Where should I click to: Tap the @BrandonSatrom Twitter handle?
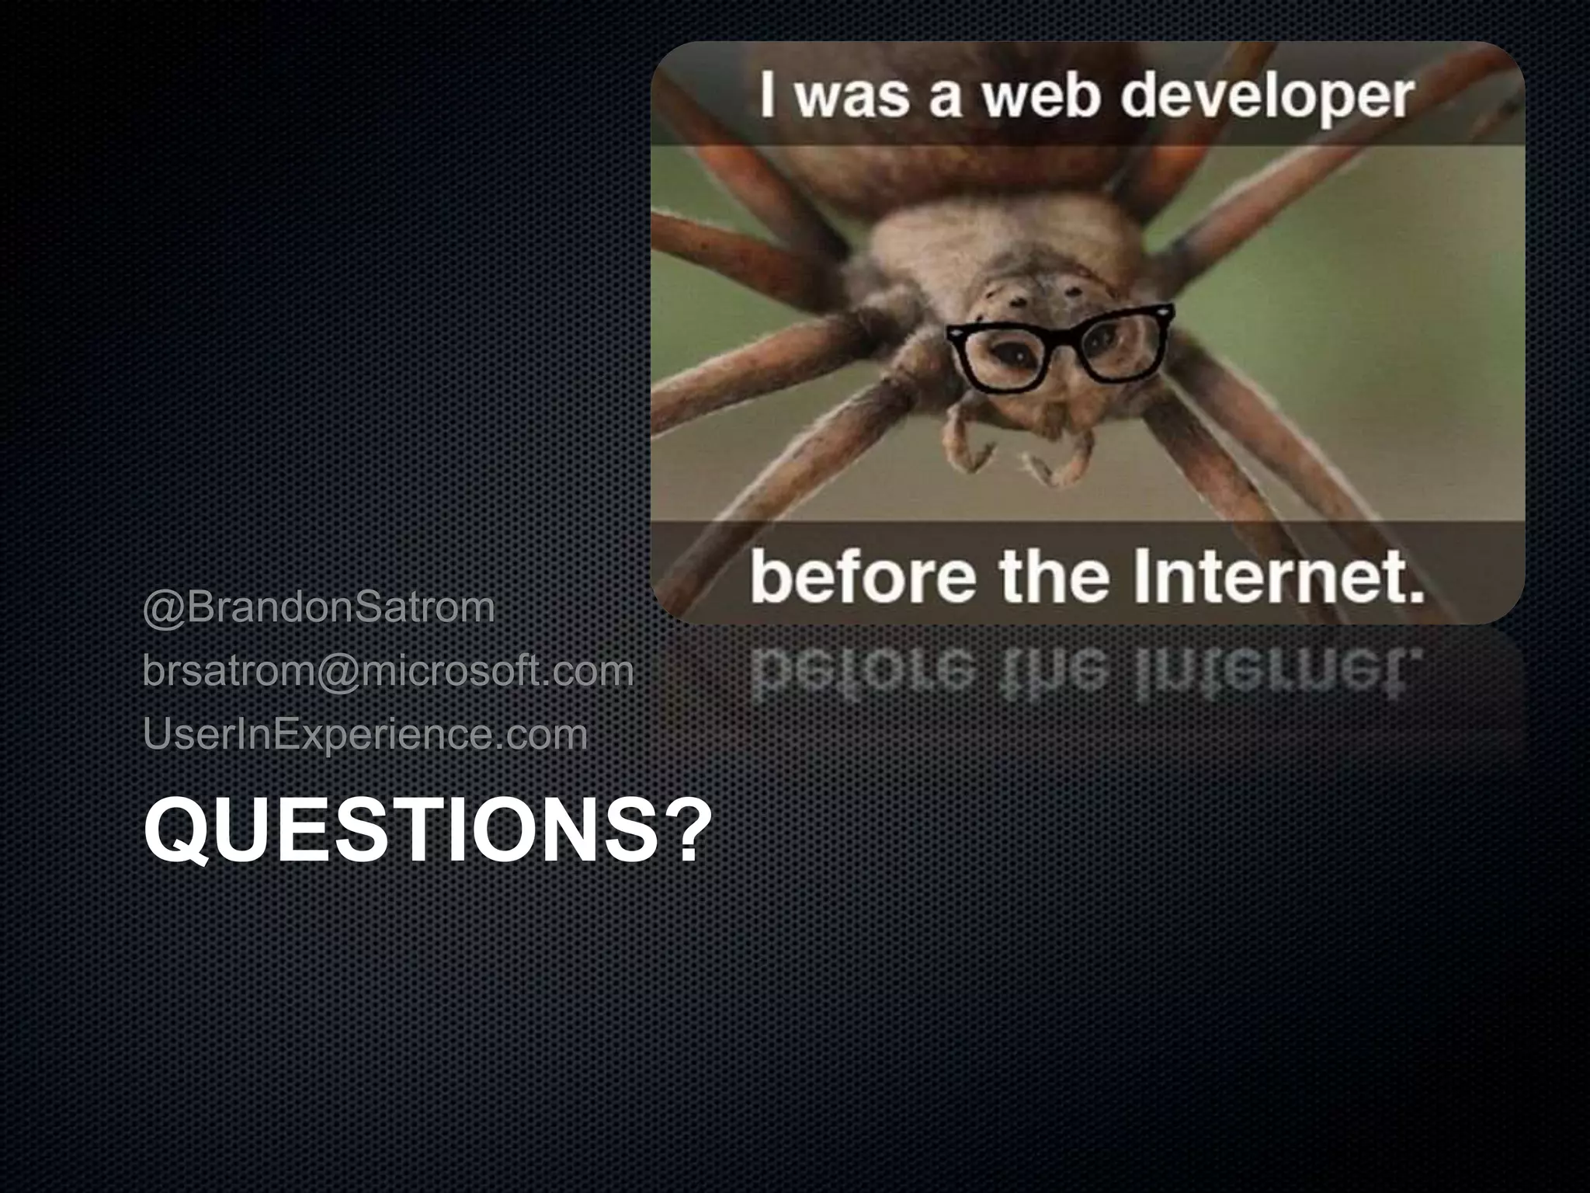tap(318, 607)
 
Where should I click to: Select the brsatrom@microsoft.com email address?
tap(388, 671)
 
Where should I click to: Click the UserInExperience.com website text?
tap(365, 735)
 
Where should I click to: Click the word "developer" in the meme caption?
tap(1265, 99)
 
